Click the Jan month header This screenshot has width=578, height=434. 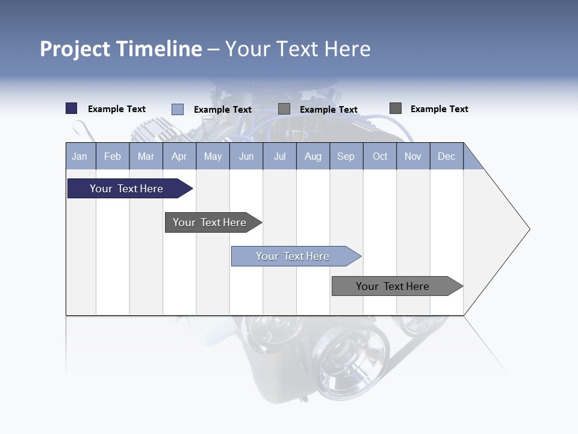[x=79, y=156]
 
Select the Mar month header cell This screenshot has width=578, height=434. [x=146, y=156]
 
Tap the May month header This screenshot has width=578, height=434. [x=213, y=156]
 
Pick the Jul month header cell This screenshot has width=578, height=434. [x=279, y=156]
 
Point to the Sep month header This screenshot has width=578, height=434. [x=346, y=156]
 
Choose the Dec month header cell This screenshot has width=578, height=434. [x=446, y=156]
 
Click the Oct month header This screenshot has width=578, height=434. [x=380, y=156]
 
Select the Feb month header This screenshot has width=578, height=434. [x=113, y=156]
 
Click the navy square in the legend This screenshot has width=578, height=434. [x=72, y=108]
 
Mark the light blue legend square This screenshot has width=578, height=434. [x=178, y=109]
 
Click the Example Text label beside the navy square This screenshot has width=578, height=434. [x=117, y=109]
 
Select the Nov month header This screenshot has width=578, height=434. [x=413, y=156]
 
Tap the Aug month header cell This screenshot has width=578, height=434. [x=312, y=156]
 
